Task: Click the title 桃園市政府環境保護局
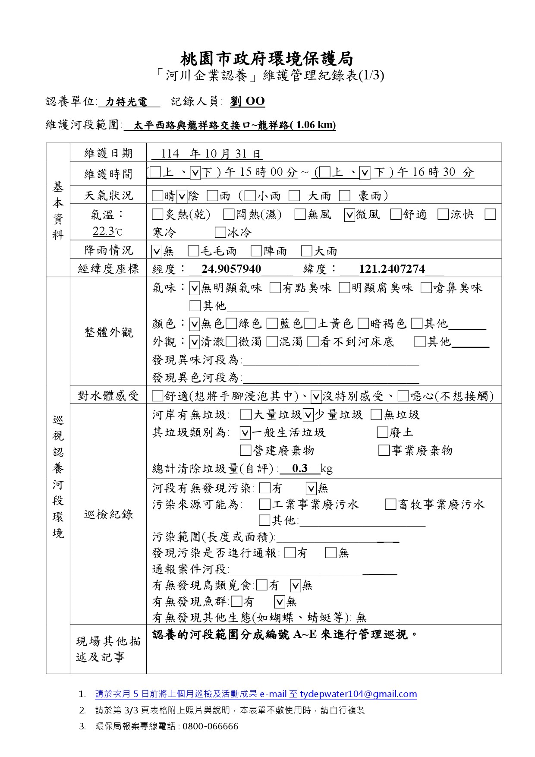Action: click(x=267, y=58)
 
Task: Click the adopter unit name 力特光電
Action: click(x=126, y=102)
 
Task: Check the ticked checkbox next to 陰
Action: click(x=182, y=196)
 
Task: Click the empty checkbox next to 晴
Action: click(x=157, y=196)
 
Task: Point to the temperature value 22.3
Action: click(x=104, y=232)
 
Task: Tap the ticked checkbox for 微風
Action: click(x=349, y=215)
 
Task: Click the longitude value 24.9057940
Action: click(x=231, y=269)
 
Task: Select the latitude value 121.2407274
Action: click(x=392, y=269)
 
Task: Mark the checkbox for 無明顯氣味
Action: click(x=195, y=288)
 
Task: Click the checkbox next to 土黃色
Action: click(x=310, y=324)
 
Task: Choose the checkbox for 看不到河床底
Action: click(x=313, y=342)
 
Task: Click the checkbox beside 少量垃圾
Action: click(x=308, y=415)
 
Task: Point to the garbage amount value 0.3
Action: click(x=299, y=469)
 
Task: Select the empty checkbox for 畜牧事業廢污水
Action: click(x=391, y=505)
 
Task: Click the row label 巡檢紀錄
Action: click(x=108, y=514)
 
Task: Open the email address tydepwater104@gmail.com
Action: click(x=359, y=694)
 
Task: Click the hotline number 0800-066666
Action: click(x=210, y=726)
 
